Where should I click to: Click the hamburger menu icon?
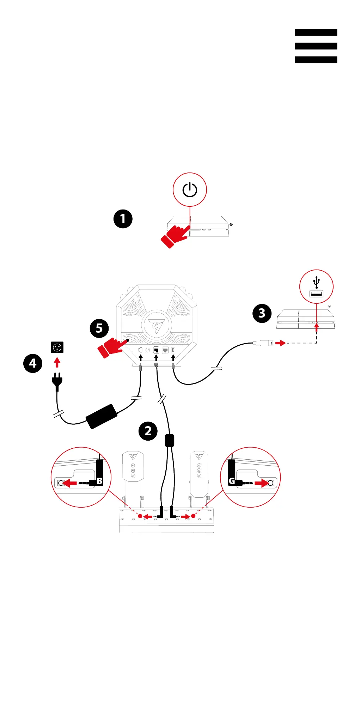coord(316,46)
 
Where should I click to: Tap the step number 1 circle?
coord(123,219)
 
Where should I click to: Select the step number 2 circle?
coord(148,431)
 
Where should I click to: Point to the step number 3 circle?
coord(262,313)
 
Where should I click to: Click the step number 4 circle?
coord(33,363)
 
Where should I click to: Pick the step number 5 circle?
coord(99,328)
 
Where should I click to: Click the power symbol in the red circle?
coord(190,189)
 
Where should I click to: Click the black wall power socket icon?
coord(57,347)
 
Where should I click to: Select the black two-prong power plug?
coord(57,381)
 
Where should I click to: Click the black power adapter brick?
coord(102,416)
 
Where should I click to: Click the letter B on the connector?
coord(100,480)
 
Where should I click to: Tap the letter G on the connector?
coord(232,480)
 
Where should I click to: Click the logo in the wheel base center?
coord(156,325)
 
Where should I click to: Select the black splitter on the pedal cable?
coord(170,440)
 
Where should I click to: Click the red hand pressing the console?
coord(176,236)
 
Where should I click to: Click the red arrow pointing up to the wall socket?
coord(57,362)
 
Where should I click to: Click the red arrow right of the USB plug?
coord(281,343)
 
